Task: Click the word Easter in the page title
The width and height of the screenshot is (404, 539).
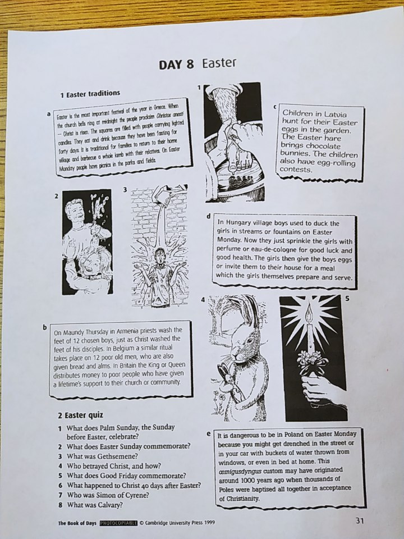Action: pyautogui.click(x=219, y=63)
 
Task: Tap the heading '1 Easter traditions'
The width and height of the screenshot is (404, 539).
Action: pyautogui.click(x=90, y=94)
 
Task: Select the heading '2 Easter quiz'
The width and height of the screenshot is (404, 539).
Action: pyautogui.click(x=80, y=415)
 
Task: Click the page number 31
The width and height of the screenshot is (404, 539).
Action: pyautogui.click(x=359, y=520)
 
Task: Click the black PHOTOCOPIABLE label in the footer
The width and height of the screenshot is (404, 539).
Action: pyautogui.click(x=118, y=523)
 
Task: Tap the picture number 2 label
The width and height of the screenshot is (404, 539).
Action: pyautogui.click(x=57, y=196)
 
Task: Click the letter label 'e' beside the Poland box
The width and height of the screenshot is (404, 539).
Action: pyautogui.click(x=209, y=434)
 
